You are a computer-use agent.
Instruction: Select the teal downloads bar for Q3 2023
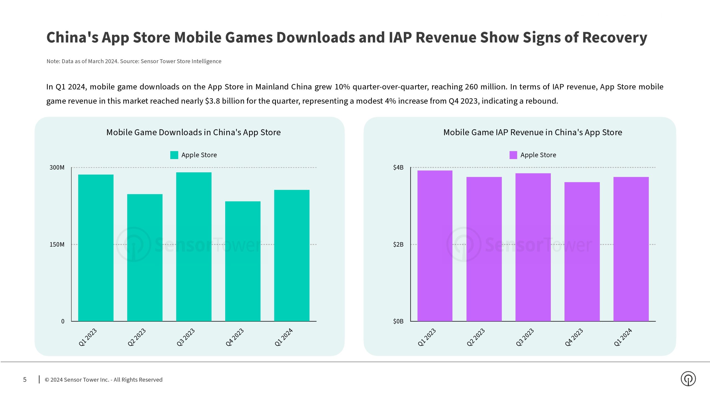coord(194,247)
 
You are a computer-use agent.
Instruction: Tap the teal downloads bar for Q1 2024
coord(292,255)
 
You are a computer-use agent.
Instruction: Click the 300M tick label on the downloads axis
coord(57,167)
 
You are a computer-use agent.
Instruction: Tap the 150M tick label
coord(57,244)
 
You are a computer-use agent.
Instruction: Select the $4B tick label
coord(398,167)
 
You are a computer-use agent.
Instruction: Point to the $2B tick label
coord(398,244)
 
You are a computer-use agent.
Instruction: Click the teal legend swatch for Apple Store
coord(174,155)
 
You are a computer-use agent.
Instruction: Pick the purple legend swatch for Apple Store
coord(513,155)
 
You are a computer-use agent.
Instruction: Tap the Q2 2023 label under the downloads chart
coord(136,337)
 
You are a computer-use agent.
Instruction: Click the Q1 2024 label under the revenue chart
coord(623,337)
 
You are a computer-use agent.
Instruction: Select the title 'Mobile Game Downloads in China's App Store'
coord(193,132)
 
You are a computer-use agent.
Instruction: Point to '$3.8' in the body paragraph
coord(212,101)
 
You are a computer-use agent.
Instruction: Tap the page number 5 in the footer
coord(25,380)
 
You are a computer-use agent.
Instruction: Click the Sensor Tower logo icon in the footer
coord(688,379)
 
